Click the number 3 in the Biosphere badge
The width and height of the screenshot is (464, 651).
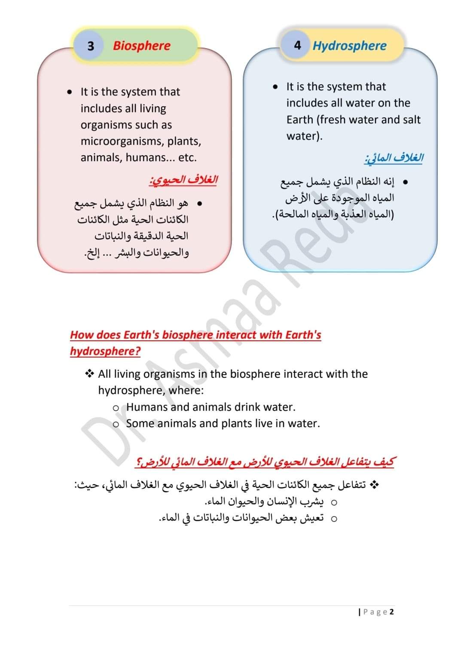(91, 46)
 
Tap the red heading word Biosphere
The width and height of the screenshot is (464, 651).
(141, 46)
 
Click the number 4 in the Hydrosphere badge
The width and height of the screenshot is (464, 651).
(297, 45)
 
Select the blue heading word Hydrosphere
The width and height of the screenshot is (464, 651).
(349, 46)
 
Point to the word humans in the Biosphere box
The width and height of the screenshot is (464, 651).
(143, 158)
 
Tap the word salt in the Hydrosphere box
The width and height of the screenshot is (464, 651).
(411, 119)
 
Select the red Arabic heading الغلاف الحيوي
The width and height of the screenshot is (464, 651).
(183, 180)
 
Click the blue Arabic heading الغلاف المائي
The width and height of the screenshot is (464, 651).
(394, 158)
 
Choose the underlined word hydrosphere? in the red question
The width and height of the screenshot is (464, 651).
(105, 351)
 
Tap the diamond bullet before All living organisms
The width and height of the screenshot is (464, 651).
(89, 374)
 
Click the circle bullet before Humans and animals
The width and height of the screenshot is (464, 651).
(116, 408)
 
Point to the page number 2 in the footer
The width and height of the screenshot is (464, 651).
(391, 611)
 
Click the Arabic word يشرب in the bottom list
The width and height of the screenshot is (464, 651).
(312, 501)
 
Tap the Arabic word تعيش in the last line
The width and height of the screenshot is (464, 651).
(312, 518)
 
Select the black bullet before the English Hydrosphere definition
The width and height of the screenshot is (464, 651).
(275, 87)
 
